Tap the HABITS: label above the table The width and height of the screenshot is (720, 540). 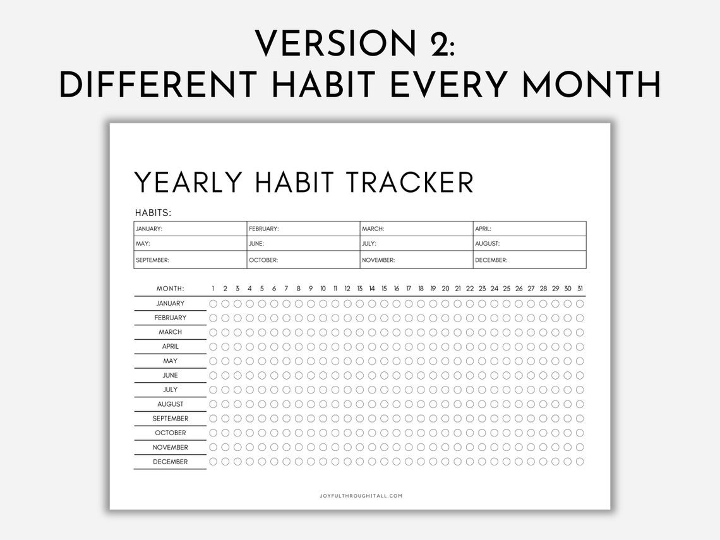coord(153,213)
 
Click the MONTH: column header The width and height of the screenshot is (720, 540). coord(171,289)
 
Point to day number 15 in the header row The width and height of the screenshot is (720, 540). coord(384,289)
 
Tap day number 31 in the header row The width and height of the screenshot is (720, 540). coord(580,289)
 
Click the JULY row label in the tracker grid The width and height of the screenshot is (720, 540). coord(171,390)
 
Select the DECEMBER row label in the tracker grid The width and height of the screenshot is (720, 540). coord(171,462)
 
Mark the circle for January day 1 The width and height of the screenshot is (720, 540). coord(213,303)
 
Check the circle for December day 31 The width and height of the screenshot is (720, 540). coord(580,462)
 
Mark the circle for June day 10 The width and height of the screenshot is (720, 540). coord(323,375)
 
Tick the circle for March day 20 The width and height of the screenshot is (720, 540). coord(445,332)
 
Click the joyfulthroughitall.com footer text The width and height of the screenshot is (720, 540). coord(361,496)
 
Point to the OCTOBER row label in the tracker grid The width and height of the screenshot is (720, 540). coord(171,433)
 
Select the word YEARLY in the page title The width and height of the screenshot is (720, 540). coord(189,183)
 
